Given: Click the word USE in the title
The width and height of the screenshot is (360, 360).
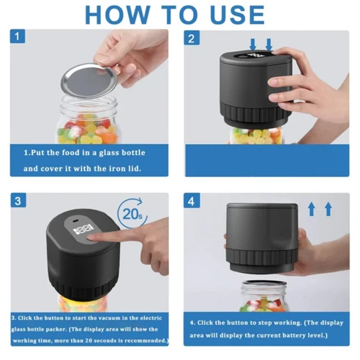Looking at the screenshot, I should point(233,14).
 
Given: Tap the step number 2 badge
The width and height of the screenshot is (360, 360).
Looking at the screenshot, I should point(192,39).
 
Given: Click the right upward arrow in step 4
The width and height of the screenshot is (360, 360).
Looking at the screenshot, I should point(328,209).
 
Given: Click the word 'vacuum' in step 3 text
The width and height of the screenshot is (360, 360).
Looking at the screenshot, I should point(107,319).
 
